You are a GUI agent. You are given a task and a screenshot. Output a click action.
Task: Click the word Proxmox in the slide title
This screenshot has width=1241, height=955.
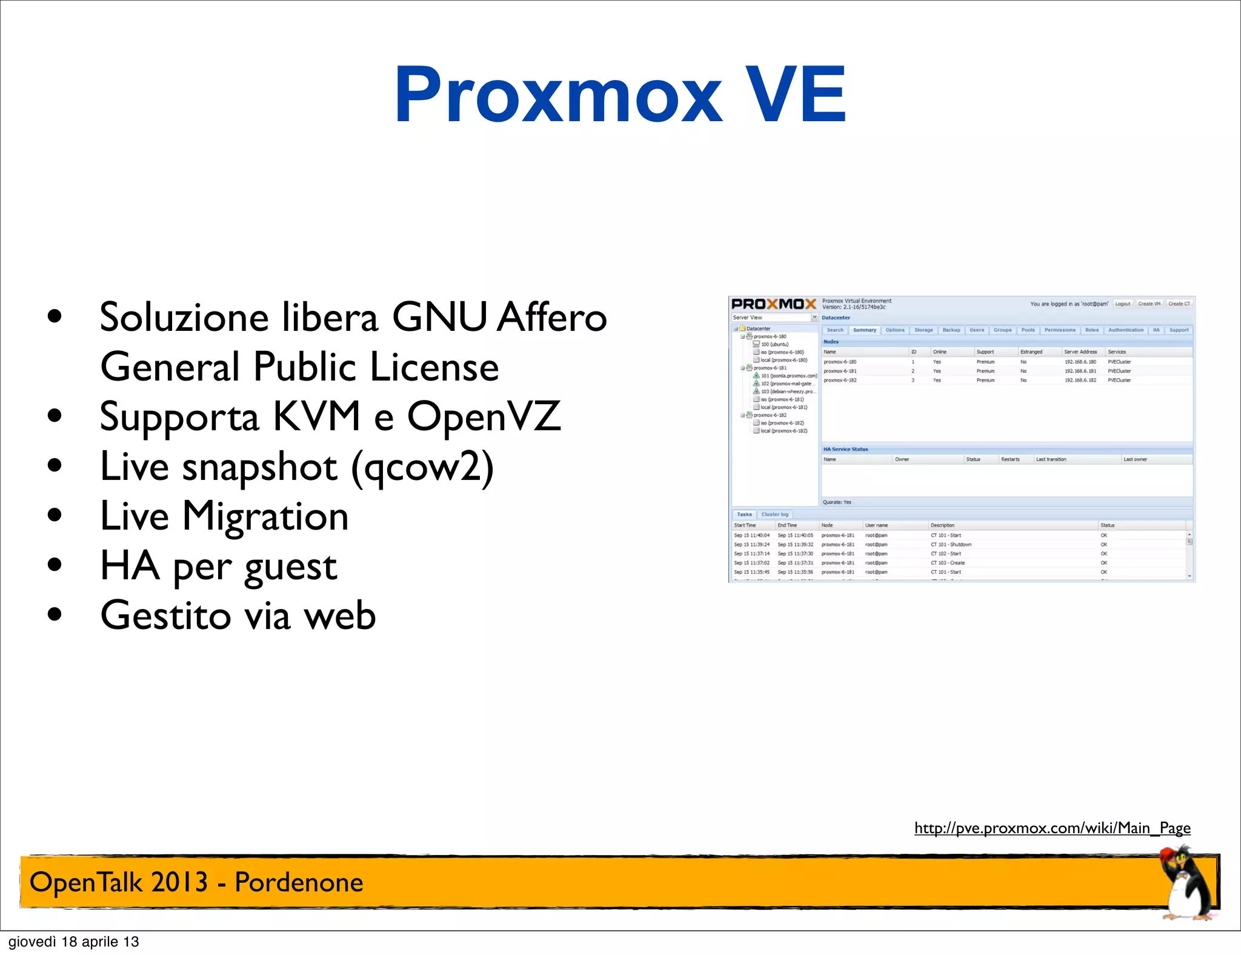click(557, 96)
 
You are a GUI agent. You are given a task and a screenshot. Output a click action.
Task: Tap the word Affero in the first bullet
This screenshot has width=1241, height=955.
click(551, 317)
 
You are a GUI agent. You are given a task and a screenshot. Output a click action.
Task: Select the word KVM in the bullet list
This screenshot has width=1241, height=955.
click(317, 416)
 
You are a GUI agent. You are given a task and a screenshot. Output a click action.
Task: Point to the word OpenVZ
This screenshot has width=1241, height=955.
click(484, 416)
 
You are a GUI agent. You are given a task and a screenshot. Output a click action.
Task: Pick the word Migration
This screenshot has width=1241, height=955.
click(265, 516)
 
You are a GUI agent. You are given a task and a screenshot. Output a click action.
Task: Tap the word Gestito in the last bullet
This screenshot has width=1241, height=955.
click(165, 616)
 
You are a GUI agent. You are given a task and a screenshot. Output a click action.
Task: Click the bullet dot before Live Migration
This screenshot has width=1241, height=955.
click(55, 516)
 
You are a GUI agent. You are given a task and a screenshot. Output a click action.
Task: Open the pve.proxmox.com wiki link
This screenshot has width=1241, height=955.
click(1052, 828)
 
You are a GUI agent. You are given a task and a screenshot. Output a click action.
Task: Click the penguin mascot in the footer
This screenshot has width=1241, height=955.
click(1185, 884)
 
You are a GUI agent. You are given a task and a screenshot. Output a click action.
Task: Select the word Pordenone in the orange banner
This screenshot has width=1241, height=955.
click(299, 882)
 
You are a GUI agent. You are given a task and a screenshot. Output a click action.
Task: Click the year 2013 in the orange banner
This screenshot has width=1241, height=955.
click(179, 882)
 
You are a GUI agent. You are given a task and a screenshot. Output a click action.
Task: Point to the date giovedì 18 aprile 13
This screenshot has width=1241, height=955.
click(74, 942)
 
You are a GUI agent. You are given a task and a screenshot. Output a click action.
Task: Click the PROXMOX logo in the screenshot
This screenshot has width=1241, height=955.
click(774, 304)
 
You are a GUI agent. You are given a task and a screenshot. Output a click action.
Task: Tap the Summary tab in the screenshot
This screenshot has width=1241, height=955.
click(864, 330)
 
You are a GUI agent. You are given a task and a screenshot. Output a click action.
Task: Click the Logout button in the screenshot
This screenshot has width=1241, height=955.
click(1122, 304)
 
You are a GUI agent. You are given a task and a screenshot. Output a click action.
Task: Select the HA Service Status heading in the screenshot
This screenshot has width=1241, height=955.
click(845, 449)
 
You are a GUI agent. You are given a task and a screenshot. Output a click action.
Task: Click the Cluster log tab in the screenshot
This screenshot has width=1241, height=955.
click(774, 514)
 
